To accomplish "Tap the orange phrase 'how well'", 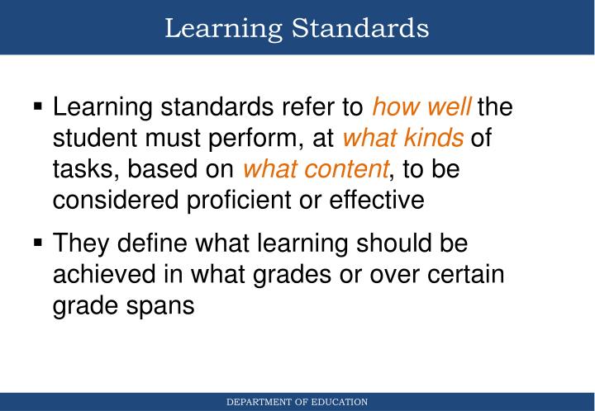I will click(x=422, y=107).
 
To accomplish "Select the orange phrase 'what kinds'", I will click(x=403, y=138).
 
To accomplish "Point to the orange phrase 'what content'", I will click(x=315, y=169).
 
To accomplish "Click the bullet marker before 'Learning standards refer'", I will click(x=38, y=107).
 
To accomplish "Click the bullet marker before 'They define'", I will click(x=38, y=244).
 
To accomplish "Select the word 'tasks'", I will click(x=80, y=169).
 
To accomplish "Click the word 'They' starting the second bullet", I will click(x=79, y=244).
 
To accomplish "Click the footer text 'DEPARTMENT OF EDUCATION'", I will click(x=297, y=402).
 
